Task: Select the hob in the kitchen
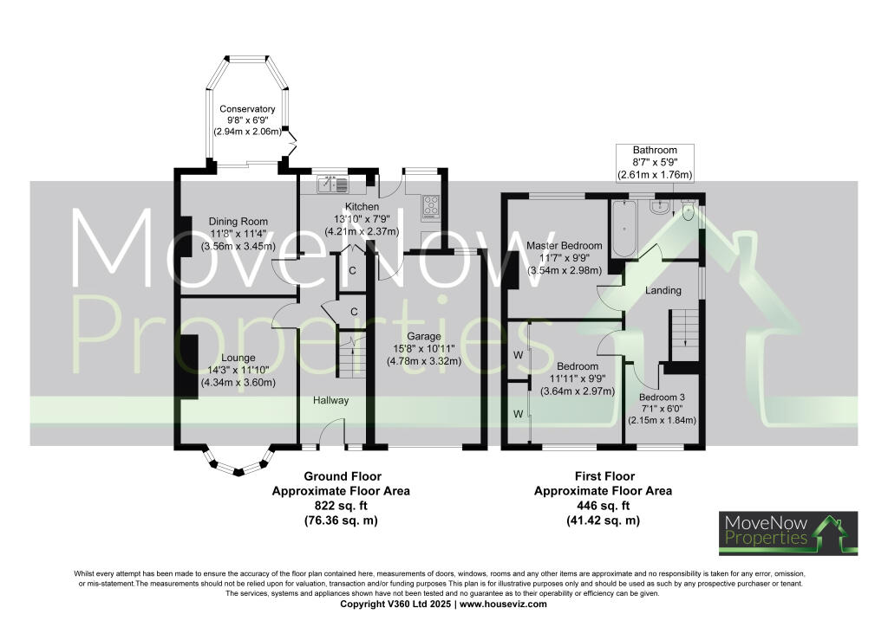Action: [x=431, y=204]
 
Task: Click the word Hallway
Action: [x=330, y=400]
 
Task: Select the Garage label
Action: [x=424, y=336]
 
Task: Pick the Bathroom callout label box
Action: [x=655, y=163]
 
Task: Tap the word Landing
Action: [x=663, y=291]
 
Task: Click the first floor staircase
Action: [x=684, y=333]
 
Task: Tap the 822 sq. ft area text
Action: [x=341, y=506]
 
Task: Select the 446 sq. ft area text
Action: [x=604, y=506]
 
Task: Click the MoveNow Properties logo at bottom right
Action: [x=788, y=533]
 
